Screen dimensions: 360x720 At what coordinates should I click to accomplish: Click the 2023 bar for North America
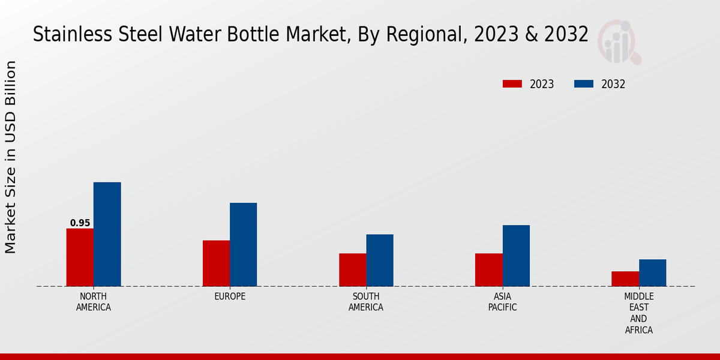[x=80, y=257]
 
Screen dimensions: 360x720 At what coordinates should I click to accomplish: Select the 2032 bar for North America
[x=107, y=234]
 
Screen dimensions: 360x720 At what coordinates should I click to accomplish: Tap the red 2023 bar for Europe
[x=216, y=263]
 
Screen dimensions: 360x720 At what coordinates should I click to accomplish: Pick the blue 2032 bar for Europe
[x=243, y=244]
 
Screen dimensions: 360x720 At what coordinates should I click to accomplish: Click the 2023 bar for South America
[x=352, y=270]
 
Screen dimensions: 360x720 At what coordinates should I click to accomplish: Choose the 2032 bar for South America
[x=380, y=260]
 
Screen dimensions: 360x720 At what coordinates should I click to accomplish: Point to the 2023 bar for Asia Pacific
[x=488, y=270]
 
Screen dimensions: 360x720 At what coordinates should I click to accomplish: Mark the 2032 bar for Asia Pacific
[x=516, y=256]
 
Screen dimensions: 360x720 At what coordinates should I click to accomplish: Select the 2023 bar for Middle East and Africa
[x=625, y=279]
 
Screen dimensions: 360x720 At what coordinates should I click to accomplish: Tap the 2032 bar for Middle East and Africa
[x=652, y=273]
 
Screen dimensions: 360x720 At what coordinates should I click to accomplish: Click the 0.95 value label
[x=80, y=223]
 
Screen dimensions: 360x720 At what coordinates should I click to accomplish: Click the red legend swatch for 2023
[x=512, y=84]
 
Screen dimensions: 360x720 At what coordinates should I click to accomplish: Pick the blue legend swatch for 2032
[x=584, y=84]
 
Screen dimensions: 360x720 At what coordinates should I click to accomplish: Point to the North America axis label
[x=94, y=302]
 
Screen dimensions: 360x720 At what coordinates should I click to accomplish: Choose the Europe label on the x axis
[x=230, y=296]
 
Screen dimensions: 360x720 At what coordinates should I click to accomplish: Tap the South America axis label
[x=366, y=302]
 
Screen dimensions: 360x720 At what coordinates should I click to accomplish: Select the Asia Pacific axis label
[x=502, y=302]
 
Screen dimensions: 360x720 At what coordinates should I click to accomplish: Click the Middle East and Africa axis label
[x=638, y=313]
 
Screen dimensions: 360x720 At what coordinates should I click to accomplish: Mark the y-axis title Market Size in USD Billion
[x=11, y=157]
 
